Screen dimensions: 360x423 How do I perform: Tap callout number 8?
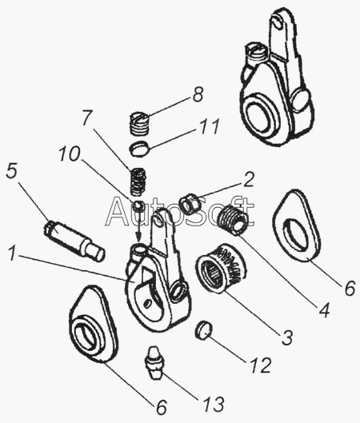point(198,94)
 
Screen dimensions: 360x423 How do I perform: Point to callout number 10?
point(70,154)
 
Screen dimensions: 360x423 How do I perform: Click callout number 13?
point(215,404)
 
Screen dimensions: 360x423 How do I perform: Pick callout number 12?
point(261,365)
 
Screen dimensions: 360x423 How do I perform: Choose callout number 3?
point(287,337)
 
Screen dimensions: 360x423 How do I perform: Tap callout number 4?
point(324,309)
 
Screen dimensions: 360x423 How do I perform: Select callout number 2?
point(248,180)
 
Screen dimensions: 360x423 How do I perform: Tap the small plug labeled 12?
point(203,329)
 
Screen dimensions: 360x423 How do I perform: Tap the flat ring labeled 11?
point(140,148)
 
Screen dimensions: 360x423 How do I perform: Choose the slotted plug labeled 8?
point(140,123)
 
